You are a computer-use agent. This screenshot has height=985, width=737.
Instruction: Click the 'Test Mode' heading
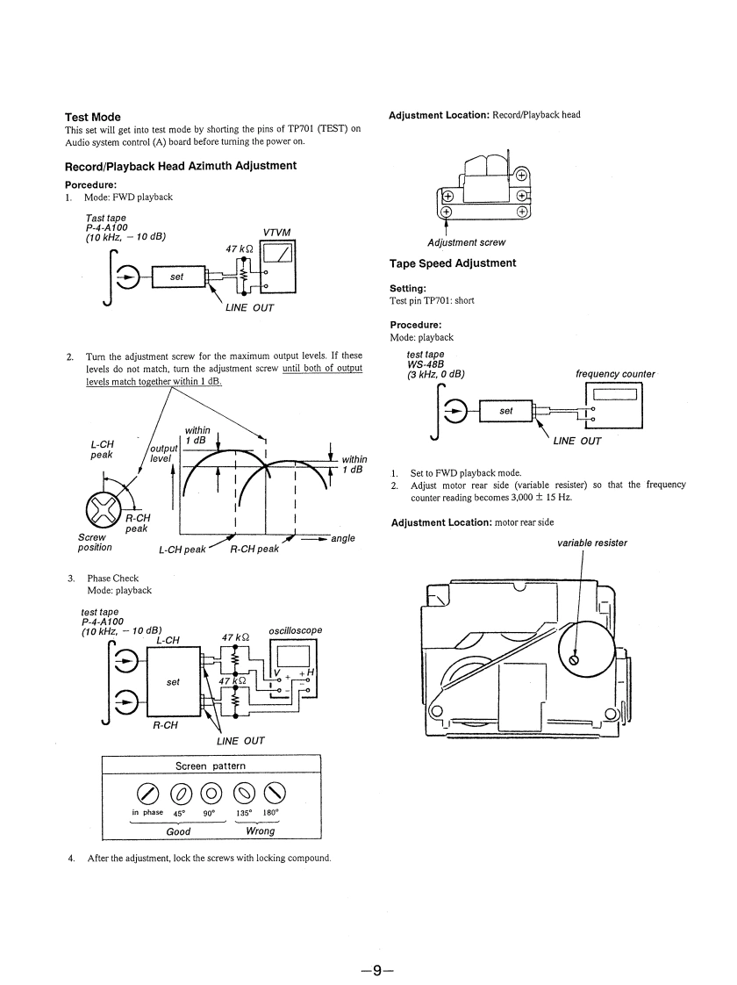(x=93, y=117)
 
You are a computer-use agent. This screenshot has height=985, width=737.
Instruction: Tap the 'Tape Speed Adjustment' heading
(x=453, y=263)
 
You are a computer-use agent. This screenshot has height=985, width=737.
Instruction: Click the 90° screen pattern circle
(x=210, y=792)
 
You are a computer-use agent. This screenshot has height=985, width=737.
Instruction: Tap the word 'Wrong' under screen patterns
(x=261, y=830)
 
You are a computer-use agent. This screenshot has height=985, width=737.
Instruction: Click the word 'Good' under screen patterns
(x=178, y=830)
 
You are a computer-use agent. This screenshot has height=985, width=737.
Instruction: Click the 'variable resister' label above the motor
(x=592, y=543)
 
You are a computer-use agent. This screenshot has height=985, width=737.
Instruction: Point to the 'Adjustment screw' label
(x=466, y=242)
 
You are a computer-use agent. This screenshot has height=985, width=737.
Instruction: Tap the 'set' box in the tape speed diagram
(x=506, y=410)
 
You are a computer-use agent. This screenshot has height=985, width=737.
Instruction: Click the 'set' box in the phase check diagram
(x=173, y=681)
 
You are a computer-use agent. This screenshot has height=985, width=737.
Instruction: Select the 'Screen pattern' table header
(x=211, y=766)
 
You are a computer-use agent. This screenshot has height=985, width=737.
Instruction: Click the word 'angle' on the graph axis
(x=343, y=538)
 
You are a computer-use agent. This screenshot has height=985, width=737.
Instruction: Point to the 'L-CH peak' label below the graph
(x=182, y=550)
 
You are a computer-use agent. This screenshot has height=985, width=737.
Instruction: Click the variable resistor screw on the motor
(x=575, y=658)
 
